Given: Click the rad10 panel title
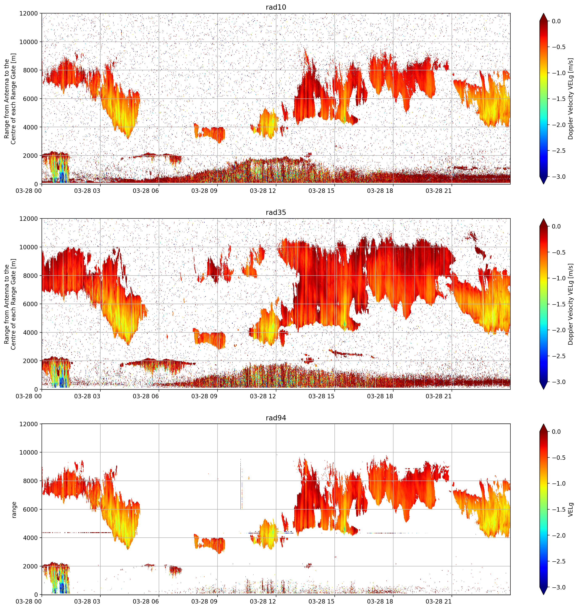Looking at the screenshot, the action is point(276,7).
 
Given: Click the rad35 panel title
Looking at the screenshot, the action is point(276,212).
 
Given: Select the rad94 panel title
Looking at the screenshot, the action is point(276,418).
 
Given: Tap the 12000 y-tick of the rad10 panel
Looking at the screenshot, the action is point(29,14).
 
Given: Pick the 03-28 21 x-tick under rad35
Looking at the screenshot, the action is point(438,396).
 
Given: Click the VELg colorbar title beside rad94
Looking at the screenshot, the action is point(571,510).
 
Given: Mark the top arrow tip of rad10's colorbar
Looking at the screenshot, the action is point(544,13).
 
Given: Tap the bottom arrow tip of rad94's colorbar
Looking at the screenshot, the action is point(544,595).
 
